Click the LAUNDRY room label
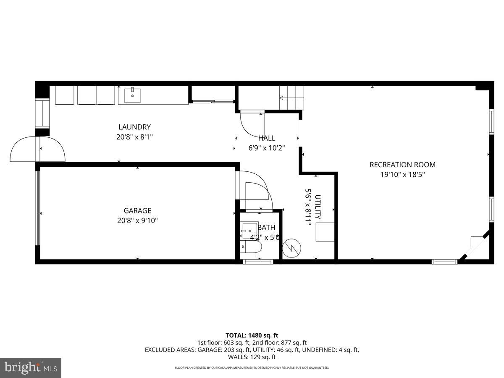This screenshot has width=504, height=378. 134,127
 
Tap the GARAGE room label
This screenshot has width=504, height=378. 137,211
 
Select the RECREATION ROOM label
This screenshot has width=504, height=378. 402,165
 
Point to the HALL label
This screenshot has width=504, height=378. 267,138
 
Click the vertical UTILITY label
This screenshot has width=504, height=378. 318,207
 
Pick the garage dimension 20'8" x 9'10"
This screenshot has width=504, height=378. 137,220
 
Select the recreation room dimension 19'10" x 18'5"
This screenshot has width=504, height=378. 403,175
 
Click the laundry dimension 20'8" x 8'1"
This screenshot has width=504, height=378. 134,137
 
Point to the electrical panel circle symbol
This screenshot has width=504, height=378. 291,248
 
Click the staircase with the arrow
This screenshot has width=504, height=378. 291,98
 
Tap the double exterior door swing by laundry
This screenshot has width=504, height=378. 38,149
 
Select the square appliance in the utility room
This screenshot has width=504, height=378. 325,232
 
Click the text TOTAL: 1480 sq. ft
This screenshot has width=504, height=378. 252,335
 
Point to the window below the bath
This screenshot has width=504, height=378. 258,262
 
